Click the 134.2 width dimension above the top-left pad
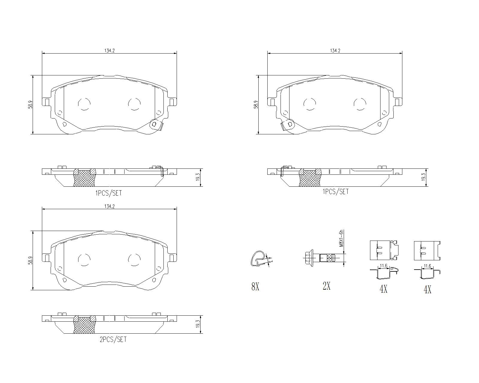tap(109, 51)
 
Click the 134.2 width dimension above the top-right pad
tap(335, 51)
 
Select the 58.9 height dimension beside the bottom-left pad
tap(30, 260)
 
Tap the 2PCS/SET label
tap(113, 340)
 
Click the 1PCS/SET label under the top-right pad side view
tap(335, 192)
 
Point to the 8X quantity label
tap(255, 287)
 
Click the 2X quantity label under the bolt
tap(326, 286)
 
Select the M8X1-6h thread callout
tap(341, 238)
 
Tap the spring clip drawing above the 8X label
tap(258, 258)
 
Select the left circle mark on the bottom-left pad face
tap(84, 259)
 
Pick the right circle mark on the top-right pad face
tap(360, 104)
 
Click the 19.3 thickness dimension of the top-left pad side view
tap(198, 178)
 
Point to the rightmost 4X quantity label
tap(427, 289)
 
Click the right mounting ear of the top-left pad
tap(172, 102)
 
